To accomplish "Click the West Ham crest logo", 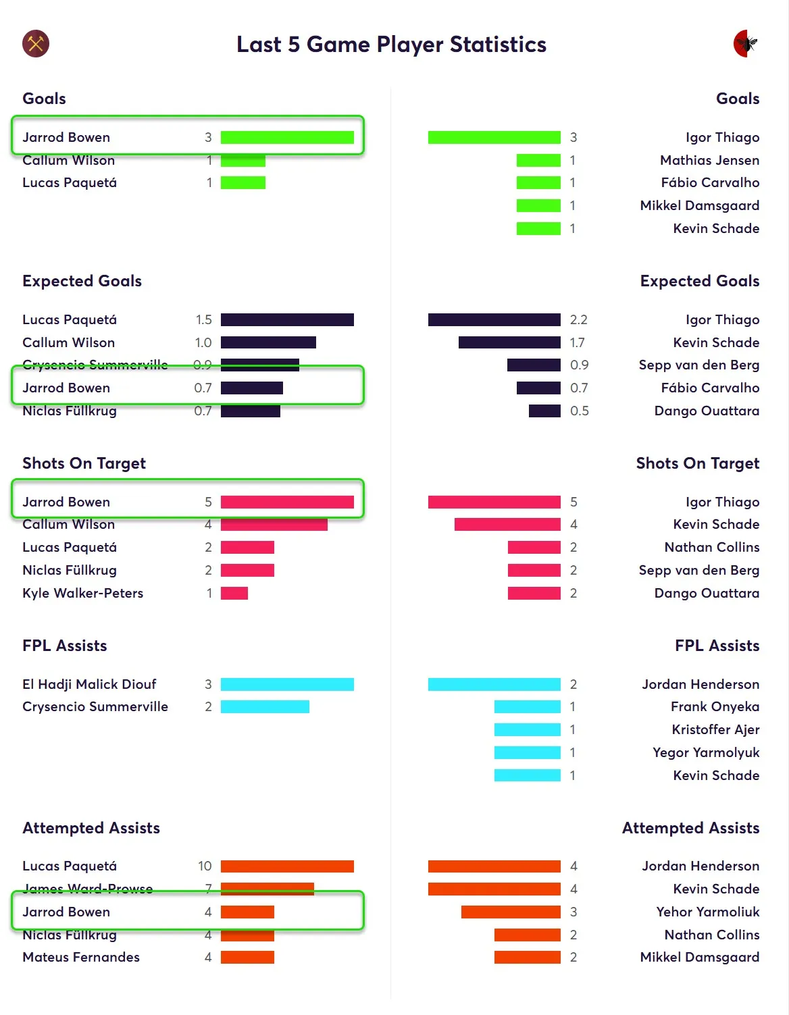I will click(x=36, y=44).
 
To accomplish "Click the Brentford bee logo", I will click(x=746, y=44).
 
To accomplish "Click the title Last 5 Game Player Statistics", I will click(x=391, y=45).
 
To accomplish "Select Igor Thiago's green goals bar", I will click(x=494, y=138).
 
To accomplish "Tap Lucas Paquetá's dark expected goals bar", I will click(x=287, y=319).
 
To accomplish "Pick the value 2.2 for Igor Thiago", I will click(x=578, y=319).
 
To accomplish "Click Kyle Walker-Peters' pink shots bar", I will click(x=234, y=593).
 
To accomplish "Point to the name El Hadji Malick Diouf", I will click(x=89, y=684).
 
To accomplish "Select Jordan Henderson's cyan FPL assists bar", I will click(x=494, y=684).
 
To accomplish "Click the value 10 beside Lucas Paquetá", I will click(x=205, y=866).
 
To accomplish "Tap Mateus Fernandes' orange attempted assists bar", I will click(x=247, y=957).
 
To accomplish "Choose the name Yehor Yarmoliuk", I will click(x=707, y=912).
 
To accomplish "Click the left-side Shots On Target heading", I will click(x=84, y=463).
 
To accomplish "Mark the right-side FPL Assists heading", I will click(x=717, y=646).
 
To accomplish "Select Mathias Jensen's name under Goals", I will click(x=709, y=160).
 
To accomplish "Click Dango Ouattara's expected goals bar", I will click(x=544, y=411).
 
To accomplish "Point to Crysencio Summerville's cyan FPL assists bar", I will click(x=265, y=706).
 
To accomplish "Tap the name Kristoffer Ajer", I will click(x=715, y=729).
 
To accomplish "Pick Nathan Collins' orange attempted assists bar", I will click(x=527, y=935).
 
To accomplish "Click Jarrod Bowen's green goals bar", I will click(x=287, y=138).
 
